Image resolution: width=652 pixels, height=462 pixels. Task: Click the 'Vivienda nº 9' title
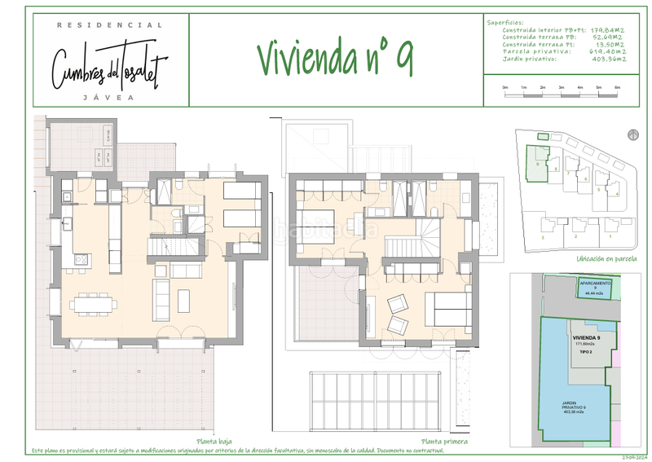click(335, 59)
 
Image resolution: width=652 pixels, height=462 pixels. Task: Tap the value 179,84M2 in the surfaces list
click(607, 30)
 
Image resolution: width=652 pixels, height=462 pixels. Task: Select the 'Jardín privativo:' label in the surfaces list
click(530, 59)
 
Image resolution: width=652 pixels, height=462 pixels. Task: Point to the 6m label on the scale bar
click(617, 86)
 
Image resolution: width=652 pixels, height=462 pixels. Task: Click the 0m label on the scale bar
click(506, 86)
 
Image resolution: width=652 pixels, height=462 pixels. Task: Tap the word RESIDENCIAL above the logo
click(109, 25)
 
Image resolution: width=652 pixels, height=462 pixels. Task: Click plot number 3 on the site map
click(544, 236)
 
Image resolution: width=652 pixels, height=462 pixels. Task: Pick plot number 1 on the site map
click(610, 235)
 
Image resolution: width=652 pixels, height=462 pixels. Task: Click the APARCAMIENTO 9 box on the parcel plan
click(597, 286)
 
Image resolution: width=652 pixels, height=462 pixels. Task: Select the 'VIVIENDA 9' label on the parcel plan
click(586, 337)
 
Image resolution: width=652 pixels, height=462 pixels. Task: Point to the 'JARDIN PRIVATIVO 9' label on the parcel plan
click(575, 407)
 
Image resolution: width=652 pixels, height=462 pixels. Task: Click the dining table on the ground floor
click(92, 306)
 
